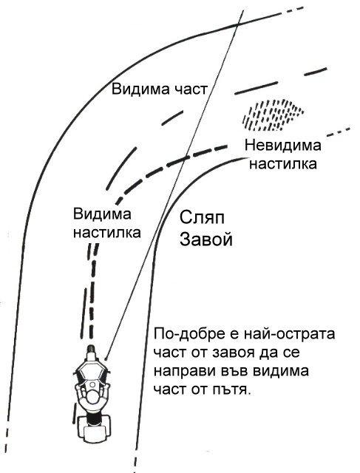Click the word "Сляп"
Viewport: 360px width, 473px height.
coord(202,218)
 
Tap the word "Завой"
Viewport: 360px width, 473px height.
coord(206,239)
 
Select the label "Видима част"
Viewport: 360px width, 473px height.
coord(160,89)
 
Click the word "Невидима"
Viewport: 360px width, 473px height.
coord(282,146)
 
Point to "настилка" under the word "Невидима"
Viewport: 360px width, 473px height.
coord(282,164)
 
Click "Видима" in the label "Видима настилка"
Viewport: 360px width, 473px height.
coord(102,214)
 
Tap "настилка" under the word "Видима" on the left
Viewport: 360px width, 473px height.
coord(107,233)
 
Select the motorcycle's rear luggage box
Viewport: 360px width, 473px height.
coord(92,428)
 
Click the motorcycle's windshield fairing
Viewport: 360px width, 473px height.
coord(91,370)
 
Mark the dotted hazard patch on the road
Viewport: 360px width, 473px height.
coord(273,115)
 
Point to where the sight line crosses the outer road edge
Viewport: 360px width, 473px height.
coord(237,25)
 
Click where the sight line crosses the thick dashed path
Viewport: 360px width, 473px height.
coord(184,158)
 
